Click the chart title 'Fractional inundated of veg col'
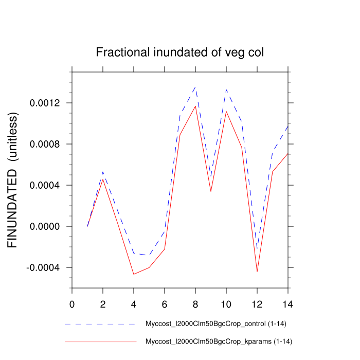pyautogui.click(x=180, y=52)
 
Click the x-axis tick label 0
pyautogui.click(x=72, y=304)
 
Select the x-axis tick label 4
pyautogui.click(x=134, y=304)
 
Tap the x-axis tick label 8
pyautogui.click(x=195, y=304)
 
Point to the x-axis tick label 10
pyautogui.click(x=226, y=304)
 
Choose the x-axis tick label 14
pyautogui.click(x=287, y=304)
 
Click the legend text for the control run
pyautogui.click(x=216, y=324)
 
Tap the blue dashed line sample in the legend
pyautogui.click(x=100, y=324)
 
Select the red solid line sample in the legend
pyautogui.click(x=100, y=341)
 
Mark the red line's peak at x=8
pyautogui.click(x=195, y=106)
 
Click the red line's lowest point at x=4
pyautogui.click(x=134, y=274)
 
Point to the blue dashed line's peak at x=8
pyautogui.click(x=195, y=87)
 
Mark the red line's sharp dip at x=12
pyautogui.click(x=257, y=272)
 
